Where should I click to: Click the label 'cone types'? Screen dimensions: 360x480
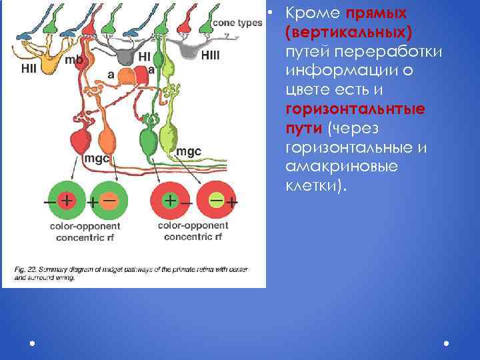point(237,22)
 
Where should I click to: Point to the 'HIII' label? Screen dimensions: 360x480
point(209,55)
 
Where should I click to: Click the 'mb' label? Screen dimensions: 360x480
point(73,60)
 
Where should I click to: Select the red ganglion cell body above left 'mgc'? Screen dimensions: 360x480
point(81,141)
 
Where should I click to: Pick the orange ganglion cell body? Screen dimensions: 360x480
point(106,140)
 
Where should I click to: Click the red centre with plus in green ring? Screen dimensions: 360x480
point(67,199)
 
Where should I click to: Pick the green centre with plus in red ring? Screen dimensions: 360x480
point(171,199)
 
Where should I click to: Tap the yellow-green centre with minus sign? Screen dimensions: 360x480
point(215,199)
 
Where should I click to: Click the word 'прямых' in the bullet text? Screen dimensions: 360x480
point(377,14)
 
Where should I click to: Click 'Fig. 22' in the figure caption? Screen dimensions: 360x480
point(24,269)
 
